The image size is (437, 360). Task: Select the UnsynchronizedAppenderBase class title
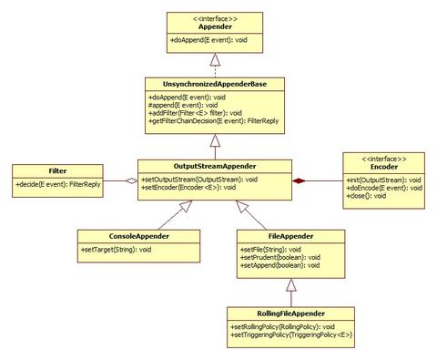(x=211, y=84)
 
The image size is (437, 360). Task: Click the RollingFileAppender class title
(x=287, y=312)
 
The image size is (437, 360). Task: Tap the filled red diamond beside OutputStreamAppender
(x=299, y=182)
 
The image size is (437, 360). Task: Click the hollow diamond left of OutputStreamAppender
(x=131, y=182)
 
